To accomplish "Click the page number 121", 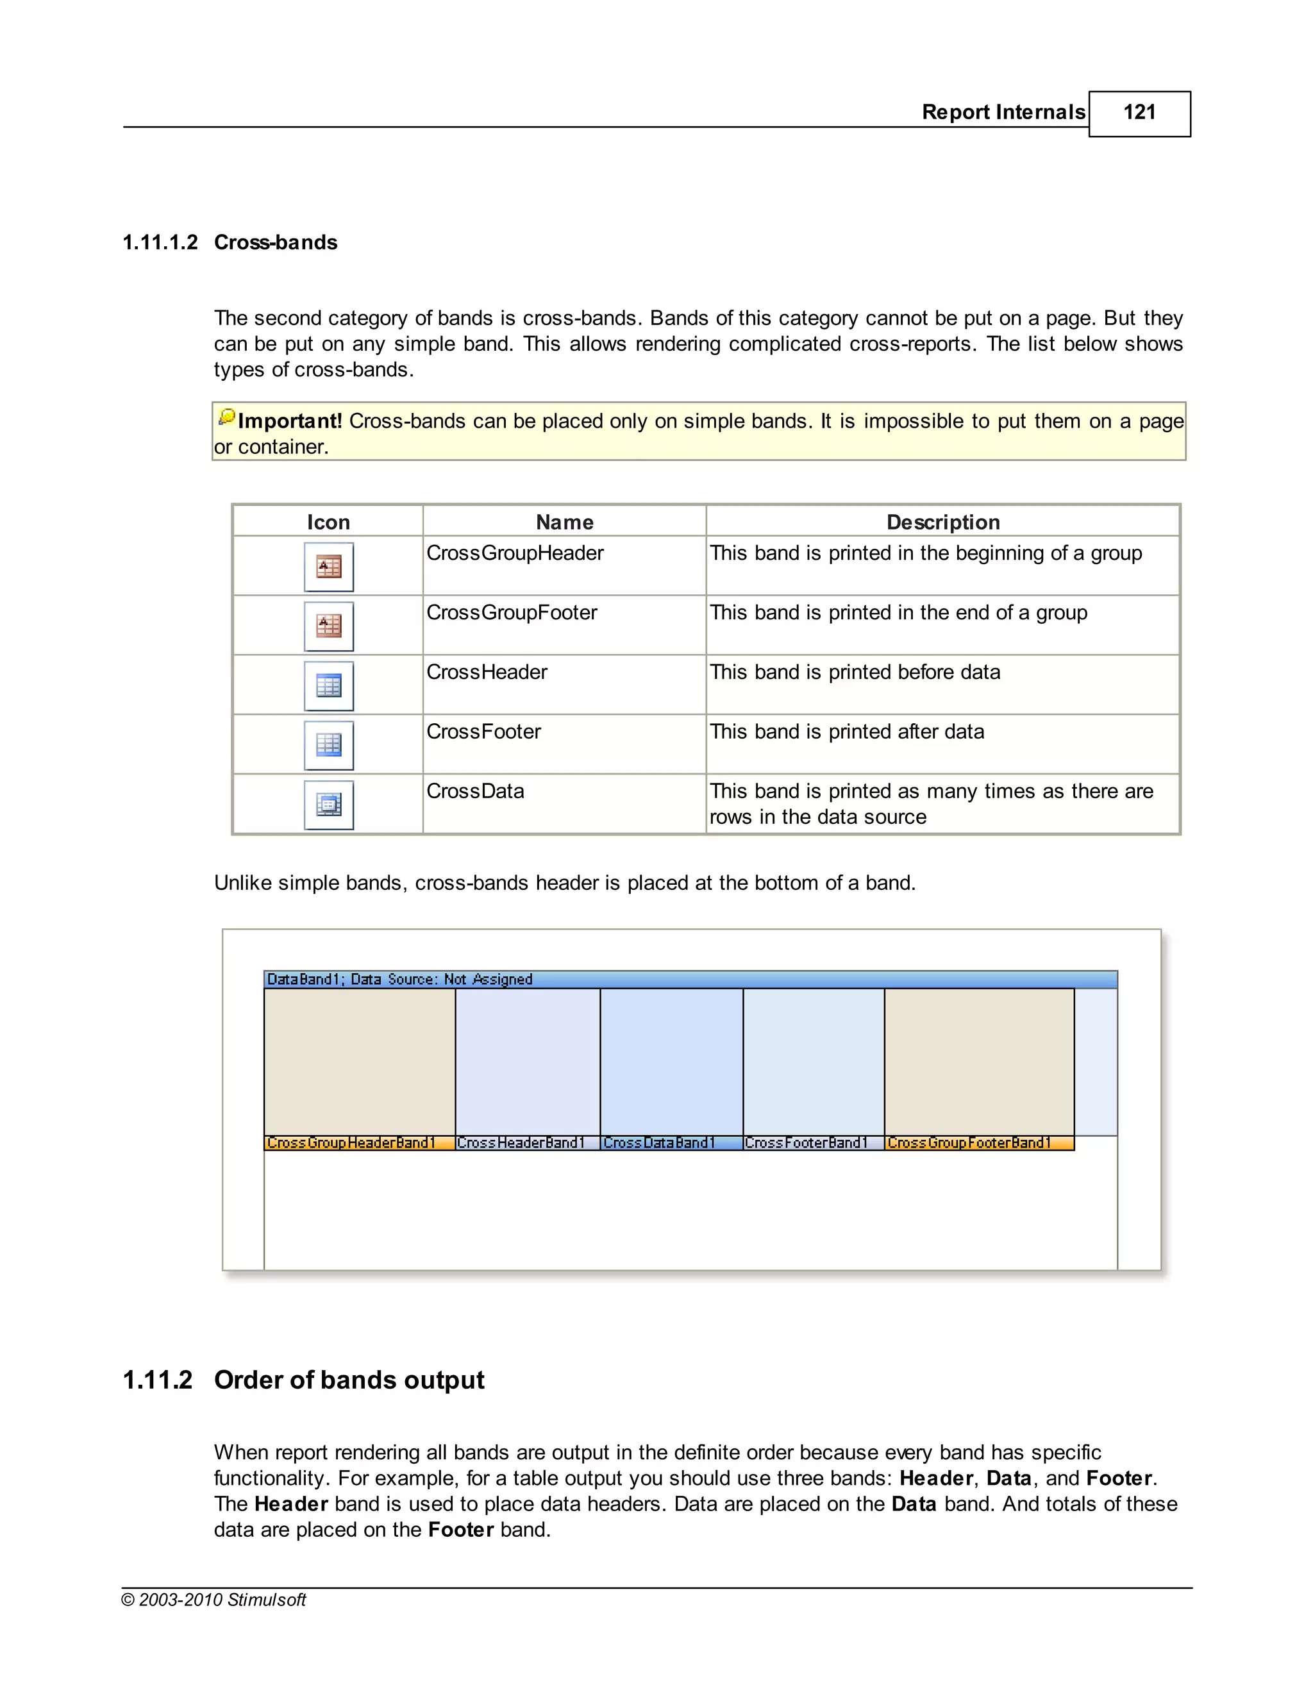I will point(1139,113).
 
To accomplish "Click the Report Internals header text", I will point(1003,113).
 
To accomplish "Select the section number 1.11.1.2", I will point(160,243).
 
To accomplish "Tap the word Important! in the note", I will point(289,422).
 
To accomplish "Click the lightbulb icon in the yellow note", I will point(226,418).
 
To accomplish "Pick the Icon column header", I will point(328,522).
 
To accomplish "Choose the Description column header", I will point(942,522).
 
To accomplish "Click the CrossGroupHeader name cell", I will point(515,553).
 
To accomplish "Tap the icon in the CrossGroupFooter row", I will point(328,626).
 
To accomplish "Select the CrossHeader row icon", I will point(328,686).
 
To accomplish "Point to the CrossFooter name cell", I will point(483,732).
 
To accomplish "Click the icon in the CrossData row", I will point(328,805).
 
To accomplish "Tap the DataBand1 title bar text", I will point(399,980).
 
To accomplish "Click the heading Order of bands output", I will point(349,1380).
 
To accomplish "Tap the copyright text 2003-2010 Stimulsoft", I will point(214,1600).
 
